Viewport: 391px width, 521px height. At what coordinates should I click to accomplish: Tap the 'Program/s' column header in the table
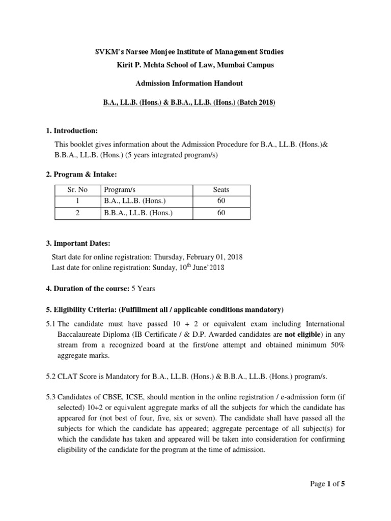point(119,189)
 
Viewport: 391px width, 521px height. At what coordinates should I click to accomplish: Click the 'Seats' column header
point(221,189)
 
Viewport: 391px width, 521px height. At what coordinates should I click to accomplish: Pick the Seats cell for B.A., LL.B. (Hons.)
point(221,201)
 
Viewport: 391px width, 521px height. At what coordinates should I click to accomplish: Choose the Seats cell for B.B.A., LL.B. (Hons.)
point(221,213)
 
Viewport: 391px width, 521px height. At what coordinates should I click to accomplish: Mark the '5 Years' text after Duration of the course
point(143,288)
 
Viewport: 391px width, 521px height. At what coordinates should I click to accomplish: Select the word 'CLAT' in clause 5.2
point(67,376)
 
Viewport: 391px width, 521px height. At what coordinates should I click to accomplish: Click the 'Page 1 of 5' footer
point(327,484)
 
